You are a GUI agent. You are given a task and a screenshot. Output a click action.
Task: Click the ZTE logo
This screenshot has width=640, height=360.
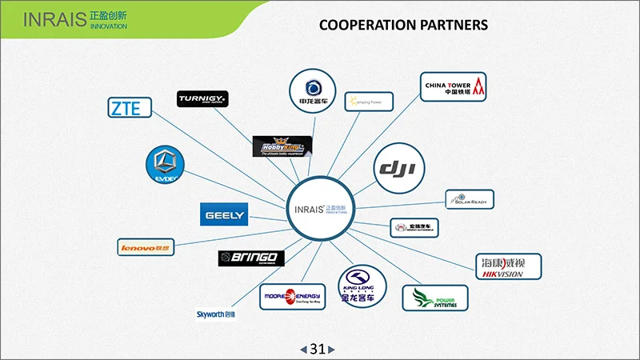[130, 107]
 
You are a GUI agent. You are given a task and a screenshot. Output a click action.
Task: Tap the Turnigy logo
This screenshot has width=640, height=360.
[203, 98]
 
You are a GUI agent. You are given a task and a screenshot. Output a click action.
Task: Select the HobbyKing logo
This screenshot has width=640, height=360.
[282, 146]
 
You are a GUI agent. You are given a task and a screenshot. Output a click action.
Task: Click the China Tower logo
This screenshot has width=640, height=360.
[454, 86]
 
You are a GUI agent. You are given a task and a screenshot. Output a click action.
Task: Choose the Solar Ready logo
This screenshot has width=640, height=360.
[470, 199]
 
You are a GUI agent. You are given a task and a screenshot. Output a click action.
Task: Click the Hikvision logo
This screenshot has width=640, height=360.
[509, 267]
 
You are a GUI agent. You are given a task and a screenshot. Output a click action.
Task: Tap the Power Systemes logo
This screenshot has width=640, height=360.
[434, 298]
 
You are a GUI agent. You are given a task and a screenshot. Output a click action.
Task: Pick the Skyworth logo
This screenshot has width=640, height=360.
[217, 314]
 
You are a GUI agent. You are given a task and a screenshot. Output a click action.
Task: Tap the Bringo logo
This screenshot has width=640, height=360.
[251, 258]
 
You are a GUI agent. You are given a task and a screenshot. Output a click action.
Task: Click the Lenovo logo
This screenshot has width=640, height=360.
[146, 248]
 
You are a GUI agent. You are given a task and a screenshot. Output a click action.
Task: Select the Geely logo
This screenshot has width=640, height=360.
[224, 214]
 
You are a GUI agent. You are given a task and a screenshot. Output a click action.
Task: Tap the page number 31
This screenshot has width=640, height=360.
[318, 349]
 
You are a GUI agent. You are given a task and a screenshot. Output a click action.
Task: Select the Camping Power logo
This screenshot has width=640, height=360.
[369, 102]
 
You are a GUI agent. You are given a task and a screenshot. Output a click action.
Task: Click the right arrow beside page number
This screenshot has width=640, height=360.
[332, 350]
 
